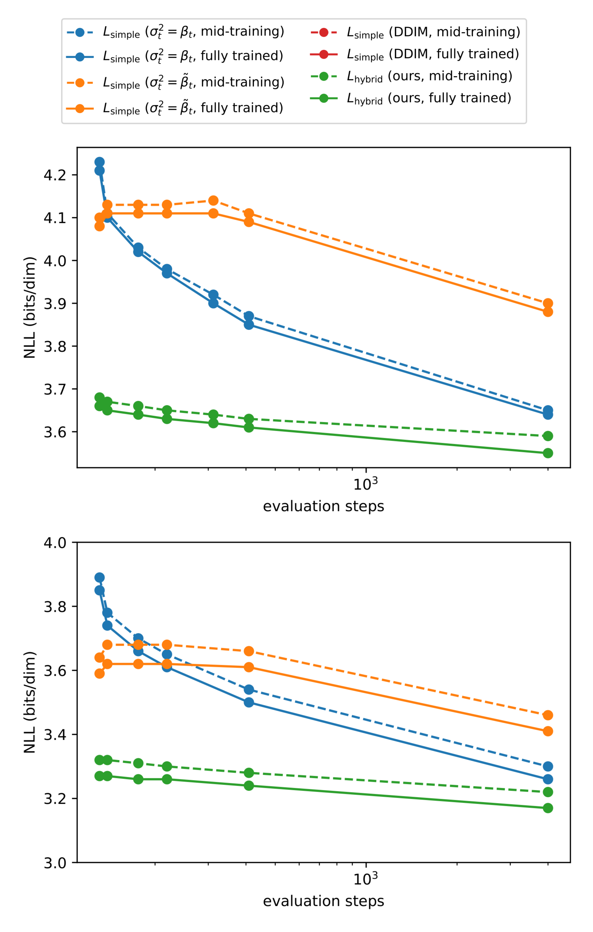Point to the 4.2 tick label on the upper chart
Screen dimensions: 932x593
point(55,175)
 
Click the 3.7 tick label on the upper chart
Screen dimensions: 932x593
point(55,389)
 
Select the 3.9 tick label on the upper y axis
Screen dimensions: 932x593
point(55,303)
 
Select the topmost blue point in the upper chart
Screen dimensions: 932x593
point(99,162)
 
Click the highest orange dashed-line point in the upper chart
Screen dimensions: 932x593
point(213,201)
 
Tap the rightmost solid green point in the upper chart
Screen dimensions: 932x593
point(548,453)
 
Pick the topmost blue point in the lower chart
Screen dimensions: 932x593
point(99,577)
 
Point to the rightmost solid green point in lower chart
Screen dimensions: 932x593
point(548,808)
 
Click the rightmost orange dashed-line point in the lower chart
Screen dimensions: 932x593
point(548,715)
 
